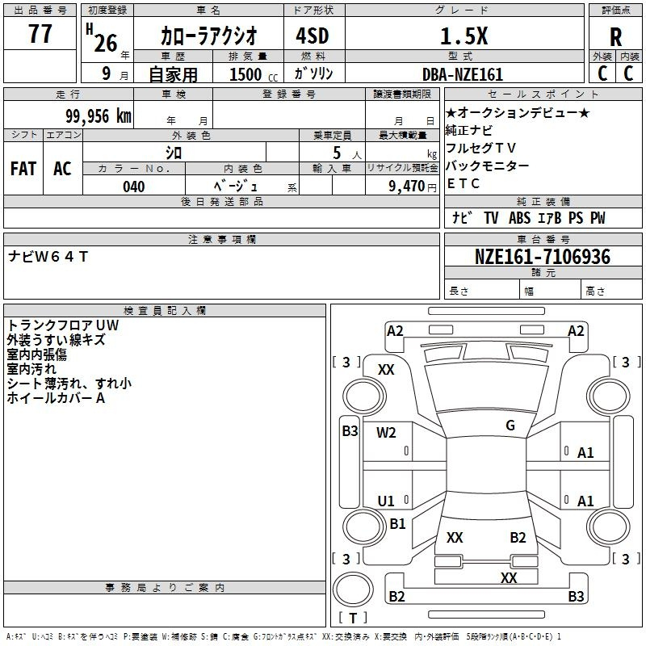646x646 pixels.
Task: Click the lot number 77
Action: tap(40, 33)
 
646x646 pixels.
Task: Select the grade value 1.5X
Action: tap(464, 36)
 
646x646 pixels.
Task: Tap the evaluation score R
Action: tap(615, 37)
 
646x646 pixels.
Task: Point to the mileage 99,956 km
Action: tap(98, 116)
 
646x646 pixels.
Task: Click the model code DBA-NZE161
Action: tap(463, 74)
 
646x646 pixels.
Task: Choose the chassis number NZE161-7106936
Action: tap(543, 257)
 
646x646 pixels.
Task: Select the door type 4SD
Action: tap(313, 36)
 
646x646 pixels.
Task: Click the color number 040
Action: tap(134, 187)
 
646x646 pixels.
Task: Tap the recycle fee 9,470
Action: tap(406, 187)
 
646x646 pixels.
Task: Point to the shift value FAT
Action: tap(23, 169)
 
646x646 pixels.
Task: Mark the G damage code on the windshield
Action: tap(510, 426)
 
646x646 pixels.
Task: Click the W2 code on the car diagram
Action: tap(386, 433)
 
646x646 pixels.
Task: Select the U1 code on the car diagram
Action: tap(386, 501)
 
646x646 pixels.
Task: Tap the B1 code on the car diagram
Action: tap(397, 523)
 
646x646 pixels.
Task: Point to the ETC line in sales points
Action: tap(463, 183)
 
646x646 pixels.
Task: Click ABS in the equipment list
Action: tap(519, 218)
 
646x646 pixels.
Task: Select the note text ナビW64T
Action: tap(48, 257)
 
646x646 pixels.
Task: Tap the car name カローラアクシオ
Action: tap(209, 36)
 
